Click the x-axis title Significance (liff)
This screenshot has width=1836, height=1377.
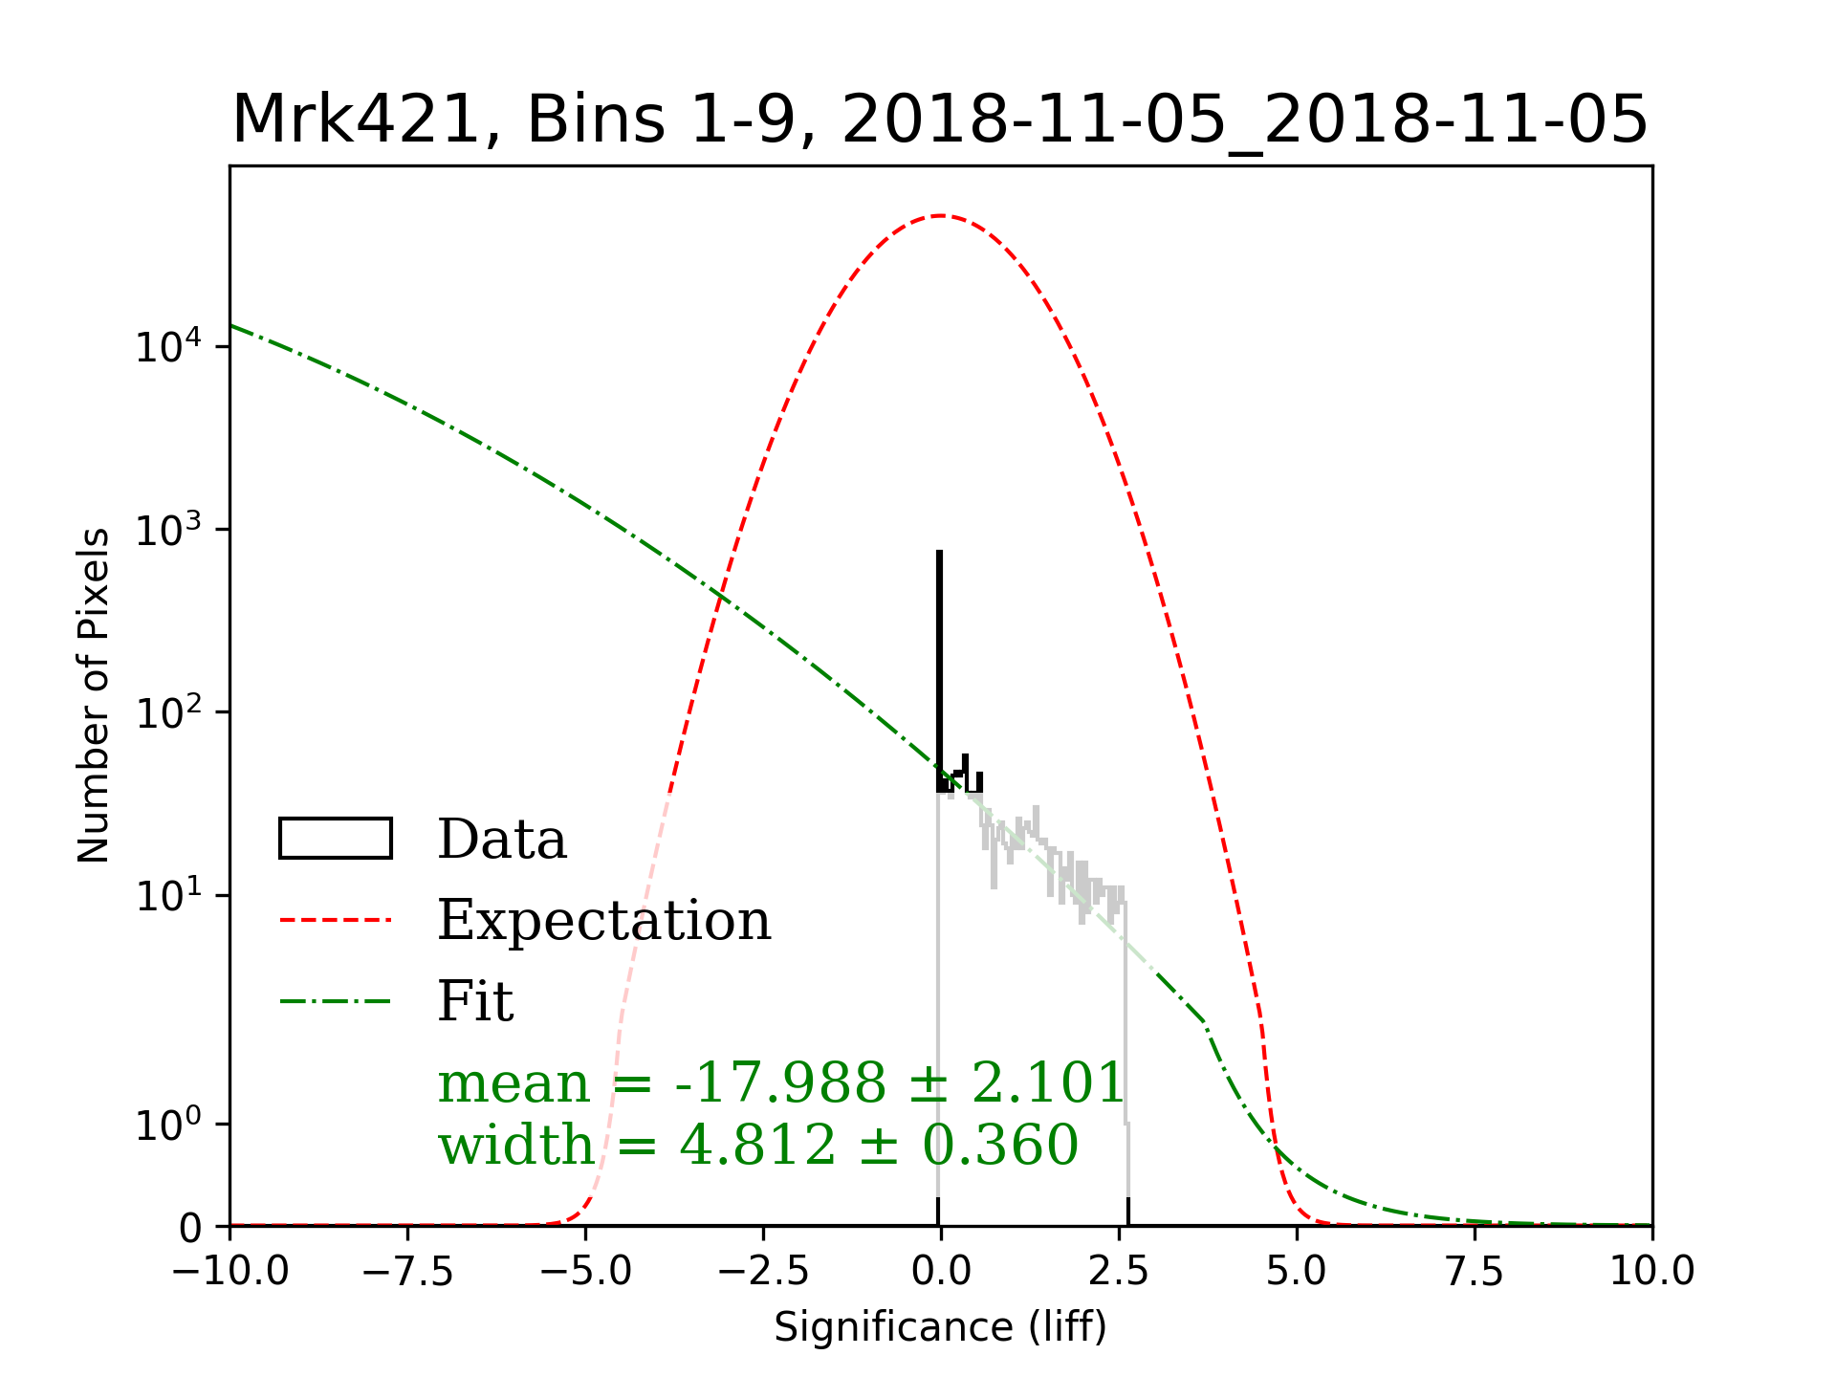tap(940, 1327)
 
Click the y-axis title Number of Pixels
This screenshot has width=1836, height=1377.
tap(94, 695)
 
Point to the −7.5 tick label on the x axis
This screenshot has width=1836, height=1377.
tap(407, 1272)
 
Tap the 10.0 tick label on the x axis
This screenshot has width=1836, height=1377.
tap(1651, 1272)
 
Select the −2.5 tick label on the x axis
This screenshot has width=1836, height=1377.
tap(763, 1272)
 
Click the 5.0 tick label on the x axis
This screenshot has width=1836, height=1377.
tap(1296, 1272)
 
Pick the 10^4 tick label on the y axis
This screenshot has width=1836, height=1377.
tap(168, 346)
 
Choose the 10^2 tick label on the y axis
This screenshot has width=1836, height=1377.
tap(168, 712)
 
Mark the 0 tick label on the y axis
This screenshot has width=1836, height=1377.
tap(190, 1229)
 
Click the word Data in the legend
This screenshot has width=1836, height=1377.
tap(502, 840)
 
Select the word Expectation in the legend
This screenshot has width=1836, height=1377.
tap(603, 921)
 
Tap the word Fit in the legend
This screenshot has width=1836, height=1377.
tap(475, 1002)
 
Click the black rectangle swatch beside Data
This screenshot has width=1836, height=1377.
tap(336, 839)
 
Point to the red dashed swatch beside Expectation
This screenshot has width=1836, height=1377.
tap(336, 921)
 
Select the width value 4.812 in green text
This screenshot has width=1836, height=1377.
tap(757, 1145)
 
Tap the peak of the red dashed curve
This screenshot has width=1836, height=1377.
tap(941, 216)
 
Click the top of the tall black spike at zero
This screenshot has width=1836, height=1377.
tap(940, 553)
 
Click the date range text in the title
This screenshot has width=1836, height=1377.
tap(1244, 120)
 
